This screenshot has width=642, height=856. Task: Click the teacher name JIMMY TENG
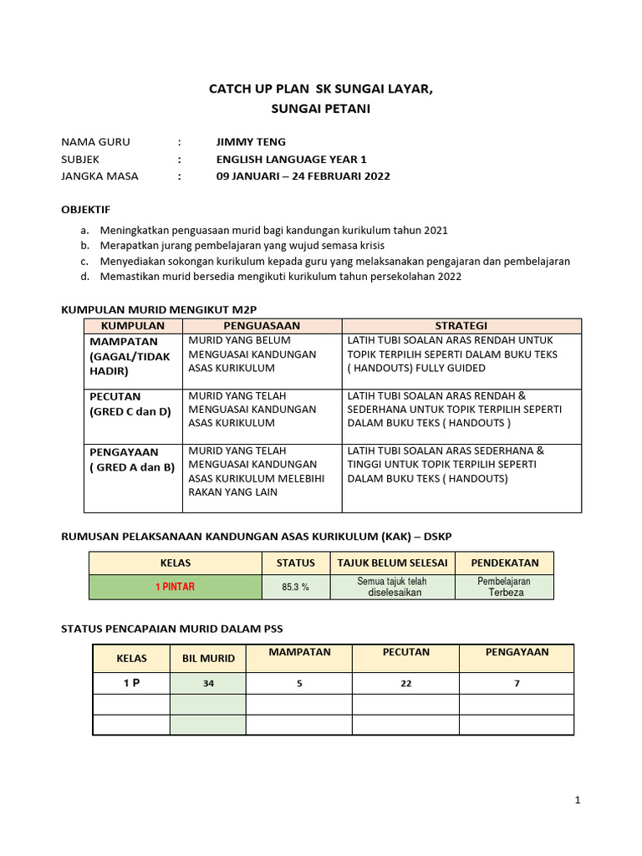coord(251,142)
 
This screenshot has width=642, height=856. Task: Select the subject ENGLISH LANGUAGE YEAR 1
coord(291,159)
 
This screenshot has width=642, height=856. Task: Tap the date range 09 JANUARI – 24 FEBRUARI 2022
coord(303,176)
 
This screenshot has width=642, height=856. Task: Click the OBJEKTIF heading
coord(86,209)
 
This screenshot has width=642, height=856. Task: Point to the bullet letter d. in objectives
coord(84,277)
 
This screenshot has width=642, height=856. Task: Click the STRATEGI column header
coord(461,325)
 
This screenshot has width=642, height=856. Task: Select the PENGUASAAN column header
coord(262,325)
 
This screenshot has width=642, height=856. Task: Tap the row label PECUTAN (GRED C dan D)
coord(130,404)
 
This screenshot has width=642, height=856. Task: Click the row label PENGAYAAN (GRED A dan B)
coord(132,460)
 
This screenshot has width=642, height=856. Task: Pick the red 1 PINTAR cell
coord(175,587)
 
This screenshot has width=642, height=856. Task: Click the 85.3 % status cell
coord(295,587)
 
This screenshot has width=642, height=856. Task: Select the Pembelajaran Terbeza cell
coord(504,586)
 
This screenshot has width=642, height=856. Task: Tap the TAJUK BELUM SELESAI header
coord(392,563)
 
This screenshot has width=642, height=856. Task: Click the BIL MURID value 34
coord(209,684)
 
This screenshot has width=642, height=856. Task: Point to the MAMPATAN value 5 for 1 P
coord(298,684)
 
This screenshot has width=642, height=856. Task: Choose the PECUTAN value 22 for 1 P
coord(405,684)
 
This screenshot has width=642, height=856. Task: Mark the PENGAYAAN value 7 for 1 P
coord(517,684)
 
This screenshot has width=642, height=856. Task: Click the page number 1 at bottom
coord(577,801)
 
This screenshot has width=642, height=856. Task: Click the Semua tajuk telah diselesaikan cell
coord(392,587)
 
